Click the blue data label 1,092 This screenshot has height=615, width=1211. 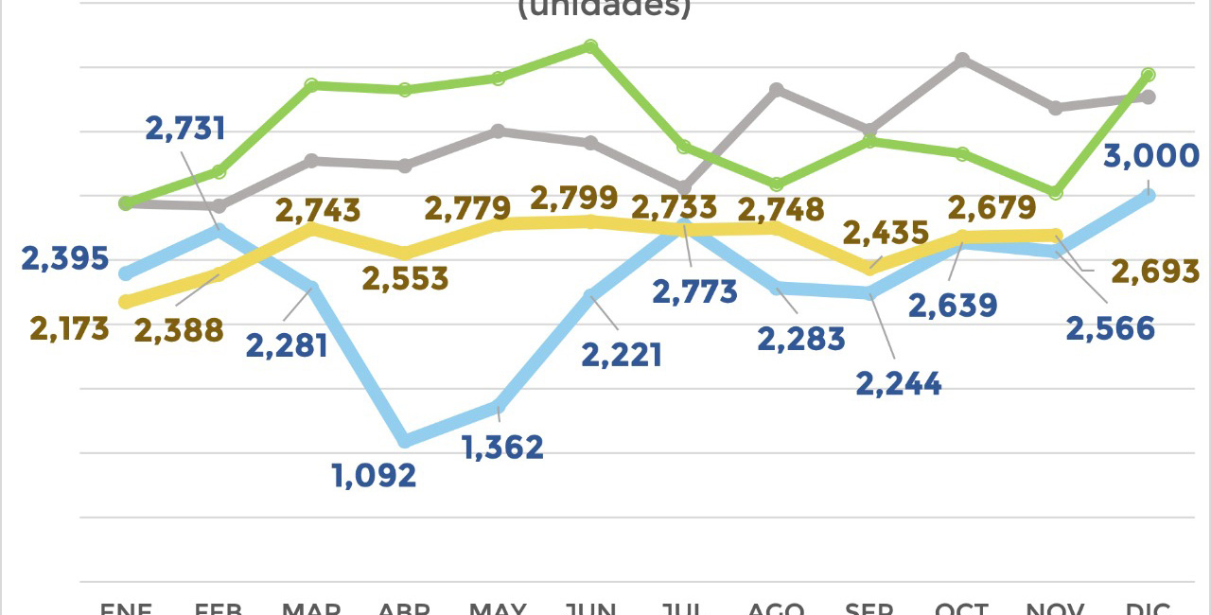click(x=375, y=475)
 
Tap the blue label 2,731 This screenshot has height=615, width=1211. click(x=185, y=129)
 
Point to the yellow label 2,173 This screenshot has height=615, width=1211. click(x=69, y=329)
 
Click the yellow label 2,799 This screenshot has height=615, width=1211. click(x=574, y=200)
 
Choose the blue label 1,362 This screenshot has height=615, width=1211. click(x=502, y=448)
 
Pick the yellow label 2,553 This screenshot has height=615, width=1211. click(x=406, y=279)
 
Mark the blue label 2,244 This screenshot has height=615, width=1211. click(x=899, y=384)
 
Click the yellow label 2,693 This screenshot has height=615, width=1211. click(x=1155, y=272)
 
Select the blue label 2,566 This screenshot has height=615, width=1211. click(x=1111, y=329)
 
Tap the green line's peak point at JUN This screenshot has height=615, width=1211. click(x=590, y=46)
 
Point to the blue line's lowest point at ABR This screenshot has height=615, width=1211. click(x=405, y=440)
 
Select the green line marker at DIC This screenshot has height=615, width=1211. click(x=1149, y=74)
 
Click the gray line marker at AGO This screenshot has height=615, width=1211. click(x=776, y=90)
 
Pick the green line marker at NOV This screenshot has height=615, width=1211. click(x=1056, y=192)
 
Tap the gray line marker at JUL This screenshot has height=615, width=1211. click(x=684, y=187)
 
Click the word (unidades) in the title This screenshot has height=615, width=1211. click(x=605, y=8)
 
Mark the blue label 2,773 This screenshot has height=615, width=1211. click(x=694, y=291)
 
